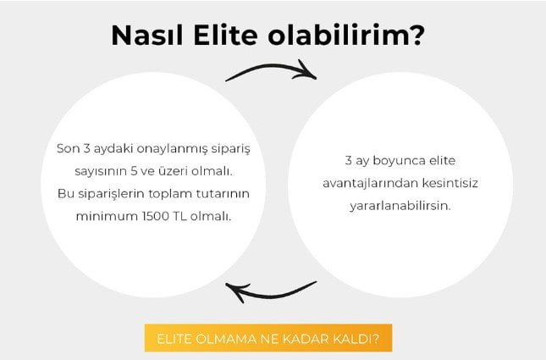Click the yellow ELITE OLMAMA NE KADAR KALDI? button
coord(268,338)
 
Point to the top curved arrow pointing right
coord(270,68)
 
